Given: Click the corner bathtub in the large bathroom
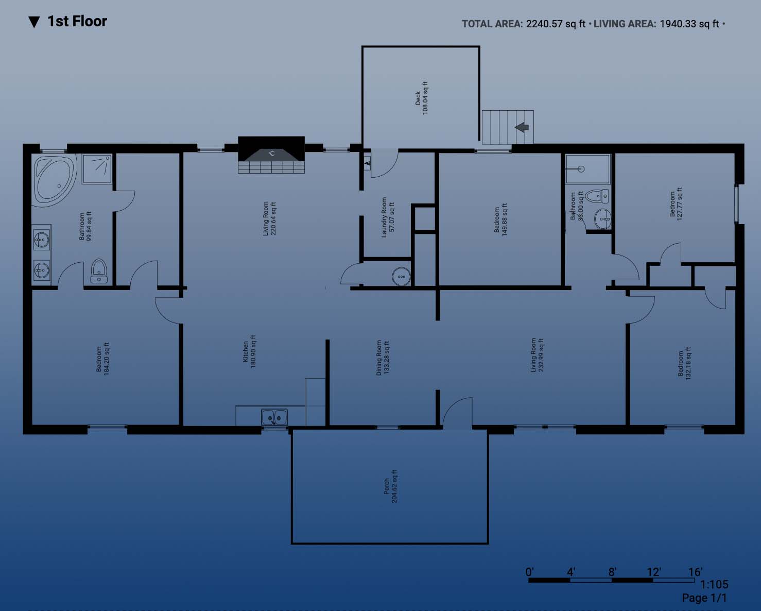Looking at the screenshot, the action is (55, 180).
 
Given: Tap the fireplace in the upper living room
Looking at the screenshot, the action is (271, 155).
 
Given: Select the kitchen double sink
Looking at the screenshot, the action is (274, 417).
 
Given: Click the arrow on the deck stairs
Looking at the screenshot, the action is (522, 127).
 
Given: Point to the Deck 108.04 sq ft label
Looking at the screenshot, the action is (422, 98).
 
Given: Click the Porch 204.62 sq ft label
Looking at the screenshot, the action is (390, 486).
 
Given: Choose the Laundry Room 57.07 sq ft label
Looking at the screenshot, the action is (388, 217).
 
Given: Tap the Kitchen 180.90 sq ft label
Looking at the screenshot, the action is (249, 352).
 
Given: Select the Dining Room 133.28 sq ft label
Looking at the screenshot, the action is (383, 358).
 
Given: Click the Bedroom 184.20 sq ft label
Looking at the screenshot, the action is (102, 359).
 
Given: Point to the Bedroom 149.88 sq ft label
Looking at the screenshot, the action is (500, 219).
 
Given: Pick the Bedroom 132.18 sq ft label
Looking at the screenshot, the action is (684, 363).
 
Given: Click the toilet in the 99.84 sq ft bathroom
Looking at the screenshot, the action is (99, 271).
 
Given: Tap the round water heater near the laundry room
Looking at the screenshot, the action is (402, 277).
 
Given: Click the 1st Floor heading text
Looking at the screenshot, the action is (77, 21).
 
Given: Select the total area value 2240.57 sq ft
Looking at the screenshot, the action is (556, 24).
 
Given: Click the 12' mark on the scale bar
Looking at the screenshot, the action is (653, 572).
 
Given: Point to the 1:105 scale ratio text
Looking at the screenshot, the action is (714, 584).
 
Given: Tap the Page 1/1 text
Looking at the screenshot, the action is (704, 598).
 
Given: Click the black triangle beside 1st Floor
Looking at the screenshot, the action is (34, 22).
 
